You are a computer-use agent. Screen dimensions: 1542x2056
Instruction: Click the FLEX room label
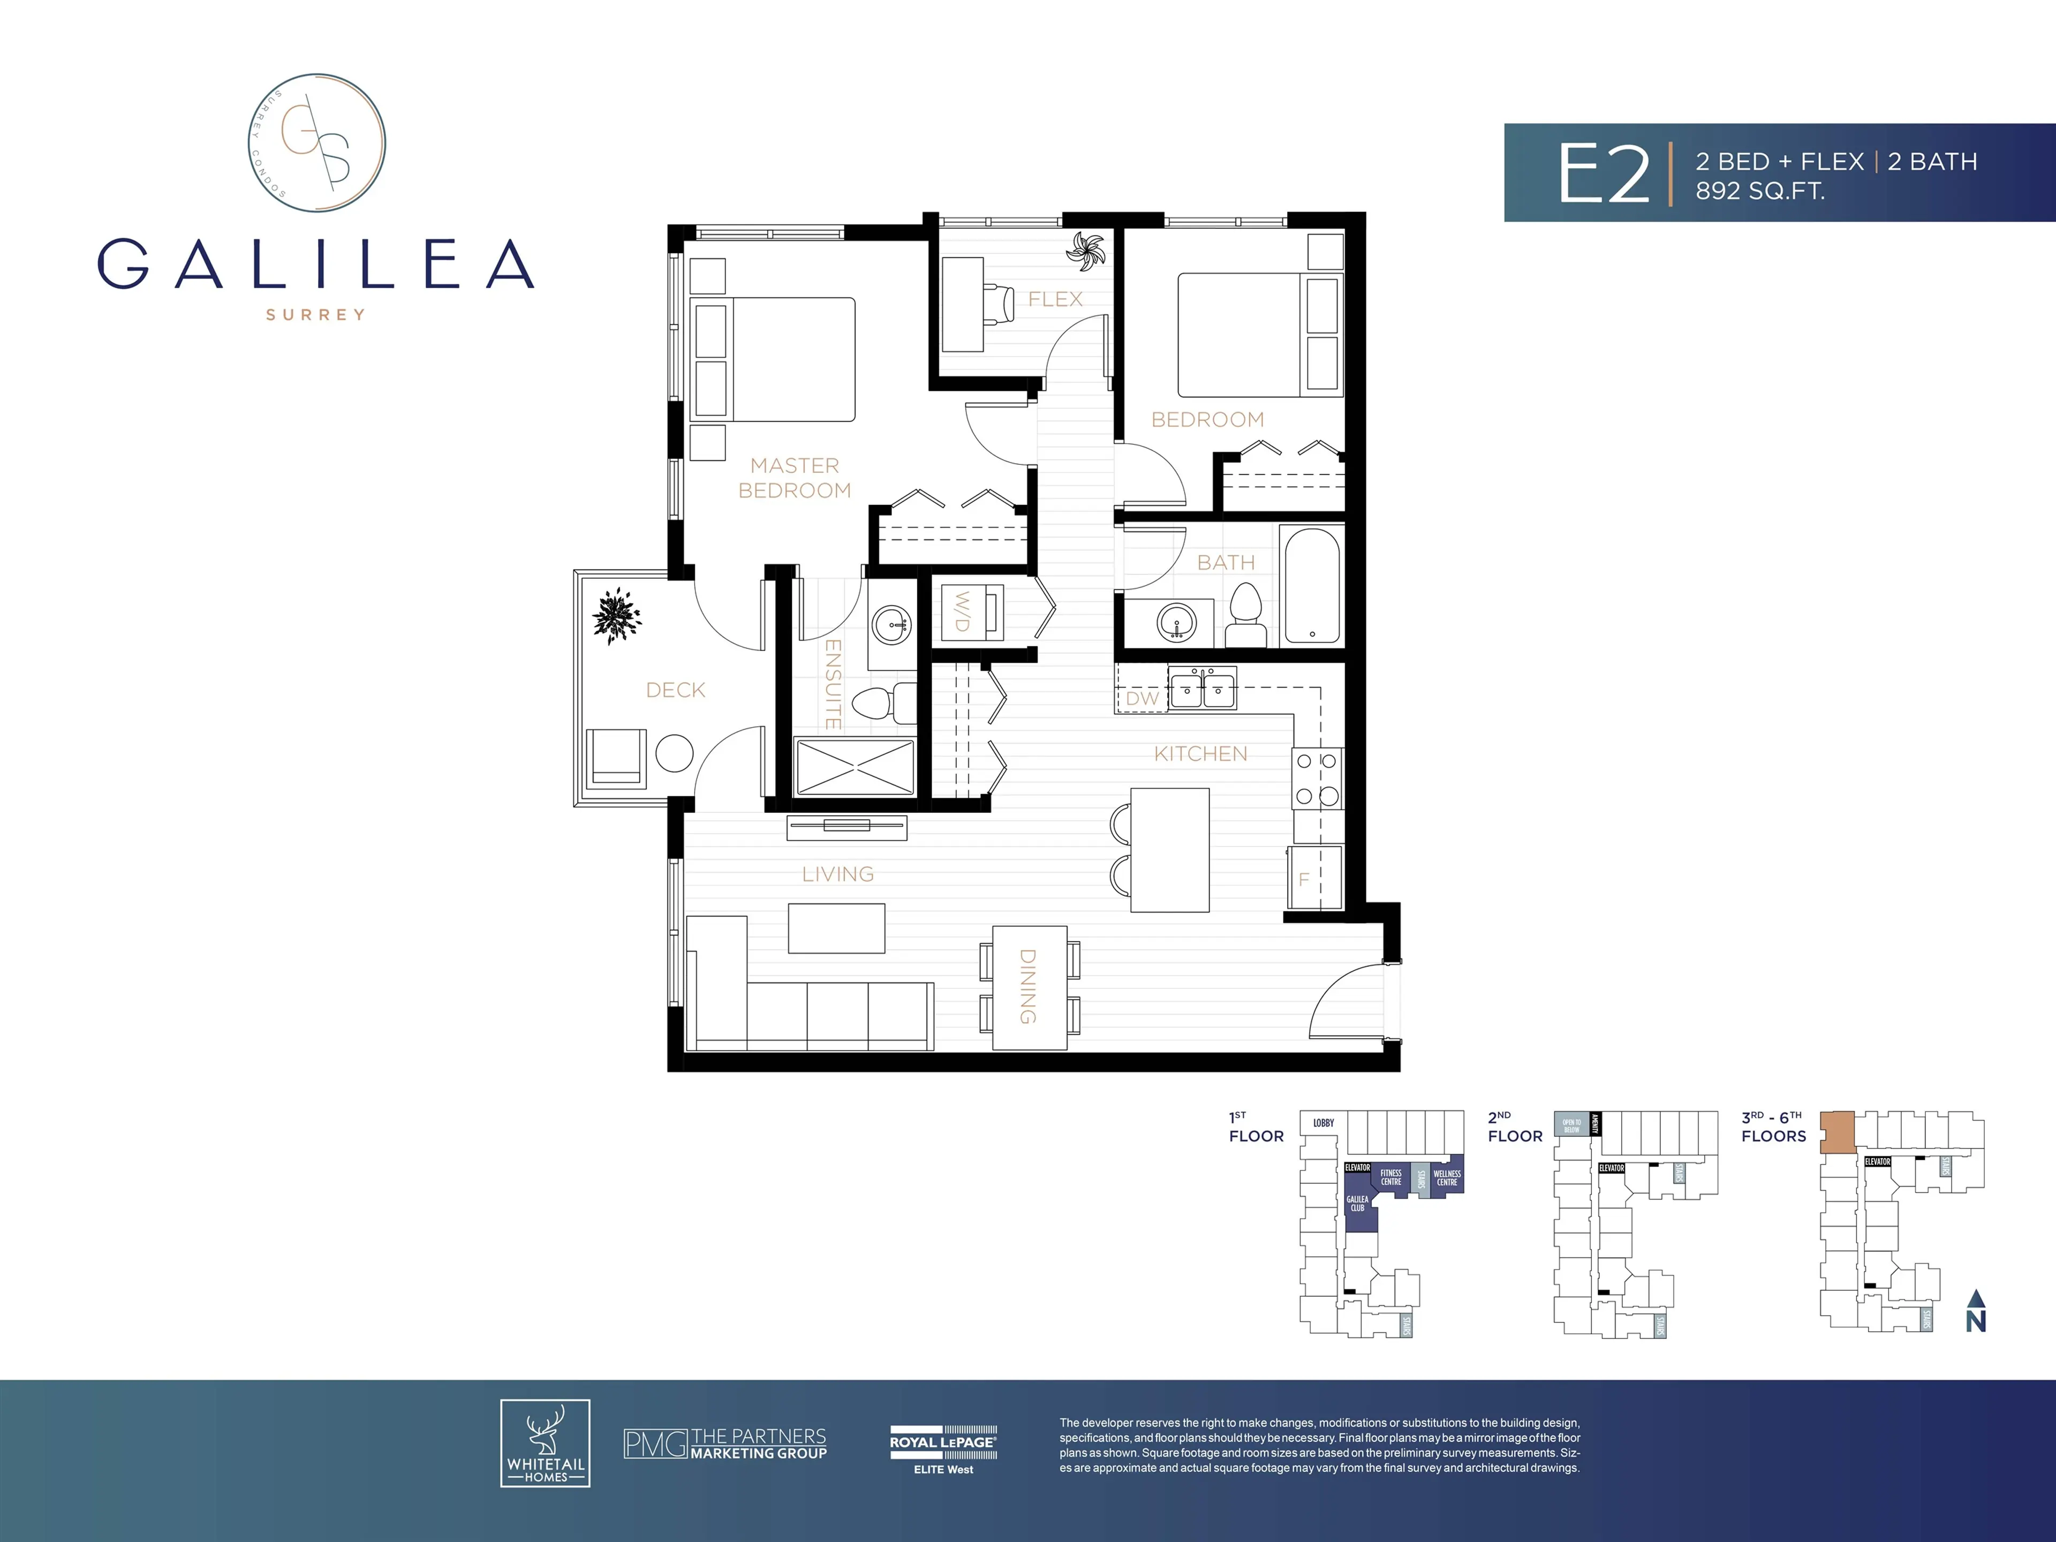pyautogui.click(x=1055, y=299)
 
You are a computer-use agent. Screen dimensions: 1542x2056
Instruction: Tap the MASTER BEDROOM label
pyautogui.click(x=795, y=478)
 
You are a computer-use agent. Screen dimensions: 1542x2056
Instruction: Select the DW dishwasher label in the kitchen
pyautogui.click(x=1143, y=699)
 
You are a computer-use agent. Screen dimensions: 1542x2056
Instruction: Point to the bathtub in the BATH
pyautogui.click(x=1311, y=586)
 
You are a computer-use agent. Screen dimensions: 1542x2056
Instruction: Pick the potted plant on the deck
pyautogui.click(x=617, y=614)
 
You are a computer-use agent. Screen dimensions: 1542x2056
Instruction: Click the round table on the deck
pyautogui.click(x=674, y=754)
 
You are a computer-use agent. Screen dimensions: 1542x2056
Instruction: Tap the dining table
pyautogui.click(x=1029, y=987)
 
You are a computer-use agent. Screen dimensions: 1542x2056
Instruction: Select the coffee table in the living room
pyautogui.click(x=836, y=928)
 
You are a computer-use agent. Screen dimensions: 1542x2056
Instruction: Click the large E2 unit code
pyautogui.click(x=1604, y=174)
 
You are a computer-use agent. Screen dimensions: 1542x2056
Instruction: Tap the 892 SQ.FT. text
pyautogui.click(x=1759, y=192)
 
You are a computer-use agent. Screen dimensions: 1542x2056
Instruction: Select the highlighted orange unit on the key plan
pyautogui.click(x=1836, y=1132)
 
